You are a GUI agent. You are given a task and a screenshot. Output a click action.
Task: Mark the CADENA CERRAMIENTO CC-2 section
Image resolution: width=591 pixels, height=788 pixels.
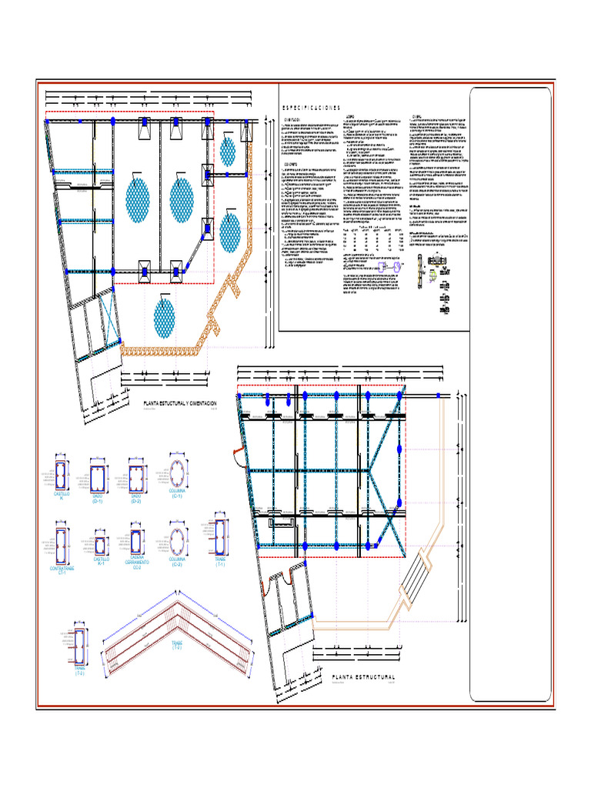137,539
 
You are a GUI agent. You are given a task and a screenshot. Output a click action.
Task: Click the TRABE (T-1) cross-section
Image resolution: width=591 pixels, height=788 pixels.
221,536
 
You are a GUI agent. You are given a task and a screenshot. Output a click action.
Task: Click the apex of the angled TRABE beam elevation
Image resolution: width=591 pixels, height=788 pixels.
178,603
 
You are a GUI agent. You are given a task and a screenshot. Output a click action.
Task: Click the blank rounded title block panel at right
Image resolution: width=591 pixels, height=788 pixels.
510,394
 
